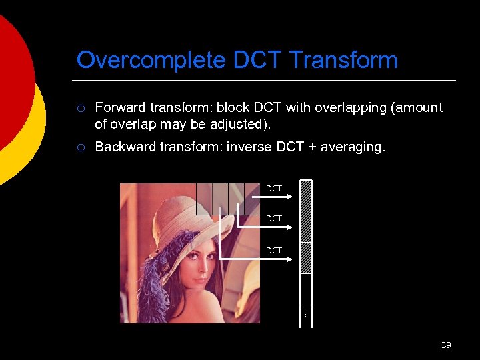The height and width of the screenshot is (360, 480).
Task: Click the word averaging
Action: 352,147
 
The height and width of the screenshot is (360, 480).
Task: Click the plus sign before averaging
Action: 309,147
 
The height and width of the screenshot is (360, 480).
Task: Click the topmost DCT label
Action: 274,189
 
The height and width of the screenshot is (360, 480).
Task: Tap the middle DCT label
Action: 274,219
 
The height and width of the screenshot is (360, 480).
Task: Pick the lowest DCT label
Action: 274,251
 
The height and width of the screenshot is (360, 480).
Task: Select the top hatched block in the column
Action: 306,196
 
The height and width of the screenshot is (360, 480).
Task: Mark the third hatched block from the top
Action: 306,257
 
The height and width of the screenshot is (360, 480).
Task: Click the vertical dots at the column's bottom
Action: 305,315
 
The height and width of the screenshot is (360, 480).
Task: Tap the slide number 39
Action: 446,345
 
